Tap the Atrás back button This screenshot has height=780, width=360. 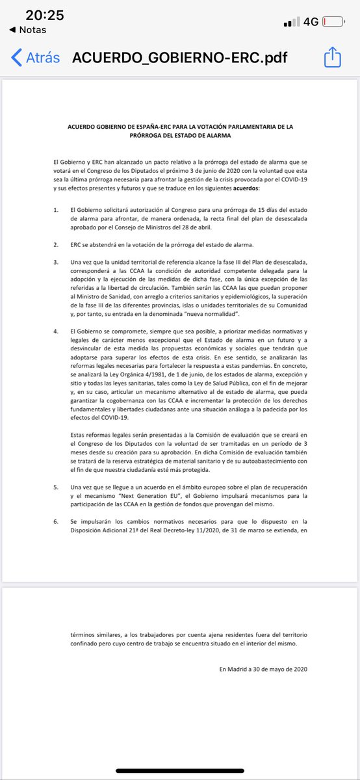pos(36,57)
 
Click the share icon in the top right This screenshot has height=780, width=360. pos(332,57)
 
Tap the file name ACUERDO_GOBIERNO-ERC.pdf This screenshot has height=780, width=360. pos(179,57)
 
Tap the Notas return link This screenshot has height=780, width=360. pos(29,30)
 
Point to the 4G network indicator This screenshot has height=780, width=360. pos(310,21)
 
